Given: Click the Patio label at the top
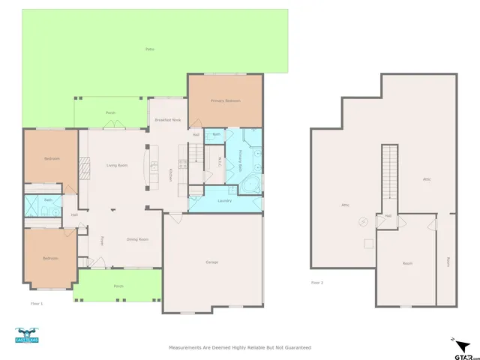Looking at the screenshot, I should click(x=150, y=49).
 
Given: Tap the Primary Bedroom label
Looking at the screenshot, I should click(x=224, y=100).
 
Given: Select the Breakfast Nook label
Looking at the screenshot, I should click(x=167, y=120).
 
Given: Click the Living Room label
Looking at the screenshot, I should click(x=116, y=165).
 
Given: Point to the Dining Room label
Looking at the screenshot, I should click(x=137, y=239).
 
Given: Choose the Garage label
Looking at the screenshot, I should click(x=212, y=262).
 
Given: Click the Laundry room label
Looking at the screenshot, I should click(x=224, y=201).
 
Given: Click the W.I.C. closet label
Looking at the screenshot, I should click(x=212, y=160).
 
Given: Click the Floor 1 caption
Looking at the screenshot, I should click(x=37, y=303).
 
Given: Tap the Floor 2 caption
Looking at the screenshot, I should click(x=317, y=283).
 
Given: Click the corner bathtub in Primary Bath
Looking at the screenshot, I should click(x=253, y=183).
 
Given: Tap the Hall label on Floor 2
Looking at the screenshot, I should click(x=388, y=216).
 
